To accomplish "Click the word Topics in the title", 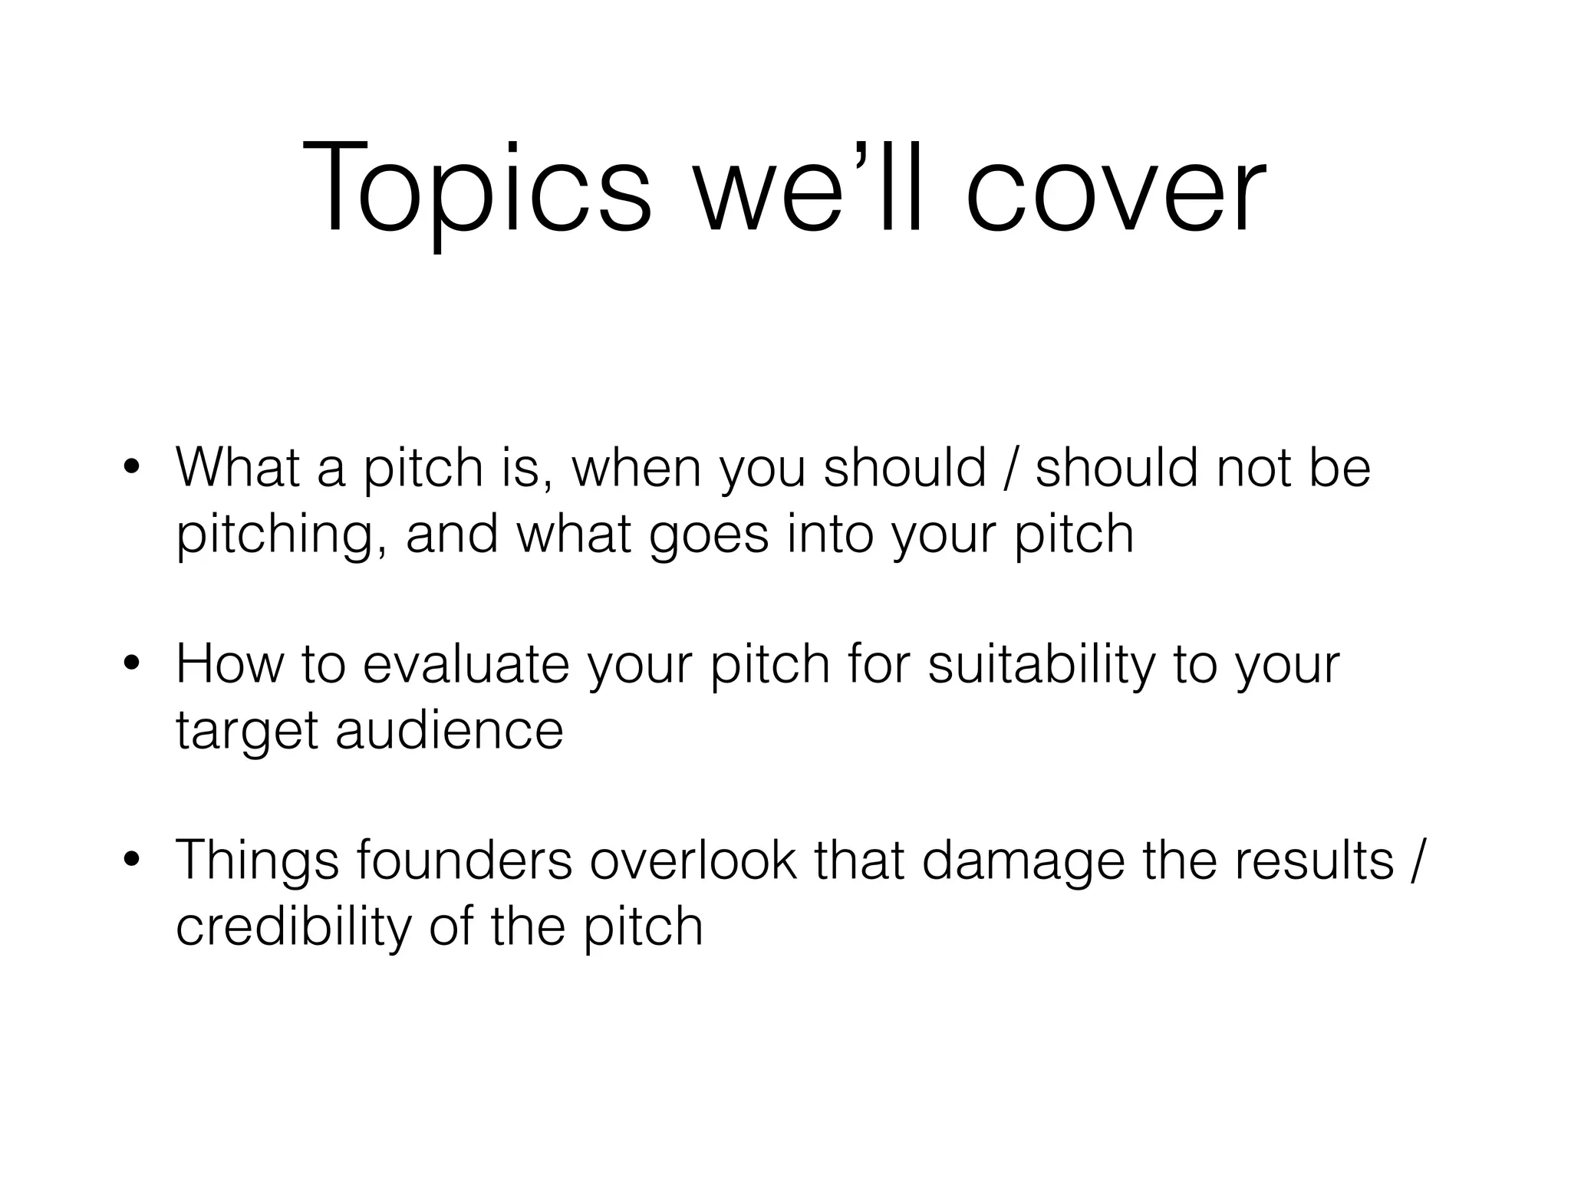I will (476, 188).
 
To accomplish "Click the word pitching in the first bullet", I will (281, 535).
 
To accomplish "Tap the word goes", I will (708, 535).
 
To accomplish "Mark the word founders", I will (464, 860).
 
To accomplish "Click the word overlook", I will (693, 860).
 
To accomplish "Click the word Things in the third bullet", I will (257, 860).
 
